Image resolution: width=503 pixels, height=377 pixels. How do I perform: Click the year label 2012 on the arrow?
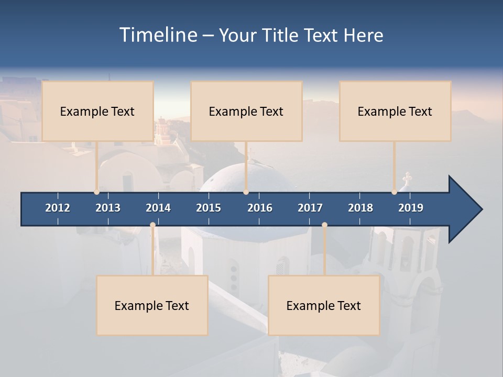58,208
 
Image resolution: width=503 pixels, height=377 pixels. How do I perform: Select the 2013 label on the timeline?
108,208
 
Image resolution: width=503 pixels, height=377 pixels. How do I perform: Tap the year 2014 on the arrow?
158,208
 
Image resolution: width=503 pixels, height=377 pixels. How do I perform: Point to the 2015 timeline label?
209,208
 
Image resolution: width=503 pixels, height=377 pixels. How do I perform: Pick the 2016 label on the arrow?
260,208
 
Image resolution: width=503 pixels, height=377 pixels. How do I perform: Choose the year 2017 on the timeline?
310,208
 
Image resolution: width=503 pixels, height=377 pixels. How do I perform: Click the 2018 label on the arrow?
360,208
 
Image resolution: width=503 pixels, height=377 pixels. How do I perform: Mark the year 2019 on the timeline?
411,208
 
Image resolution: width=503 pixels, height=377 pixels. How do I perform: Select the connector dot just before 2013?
97,192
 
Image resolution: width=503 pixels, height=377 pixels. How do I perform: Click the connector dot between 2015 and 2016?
246,192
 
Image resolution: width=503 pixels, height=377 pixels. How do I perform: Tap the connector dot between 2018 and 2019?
395,192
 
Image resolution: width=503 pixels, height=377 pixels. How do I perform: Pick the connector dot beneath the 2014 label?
152,225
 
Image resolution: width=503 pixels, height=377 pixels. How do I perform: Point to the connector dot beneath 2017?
324,225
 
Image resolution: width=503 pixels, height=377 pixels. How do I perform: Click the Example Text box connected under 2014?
152,305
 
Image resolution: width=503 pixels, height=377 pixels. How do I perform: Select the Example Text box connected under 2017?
324,305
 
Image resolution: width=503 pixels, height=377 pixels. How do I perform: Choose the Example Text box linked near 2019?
395,111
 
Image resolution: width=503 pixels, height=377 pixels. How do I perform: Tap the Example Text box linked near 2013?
97,111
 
